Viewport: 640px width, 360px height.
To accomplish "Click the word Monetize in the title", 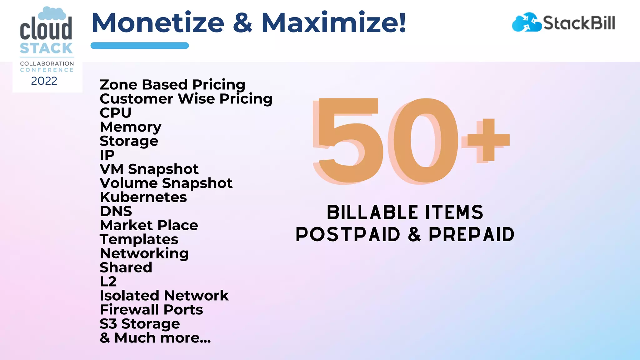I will click(x=158, y=23).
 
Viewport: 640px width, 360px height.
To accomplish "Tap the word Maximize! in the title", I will click(x=334, y=23).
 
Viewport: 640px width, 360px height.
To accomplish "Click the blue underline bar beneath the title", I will click(x=139, y=46).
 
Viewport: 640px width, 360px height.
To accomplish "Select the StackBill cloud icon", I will click(x=526, y=22).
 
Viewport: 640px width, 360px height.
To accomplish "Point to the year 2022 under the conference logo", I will click(x=44, y=81).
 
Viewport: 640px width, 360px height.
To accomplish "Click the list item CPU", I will click(x=115, y=113).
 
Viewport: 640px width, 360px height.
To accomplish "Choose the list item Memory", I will click(x=130, y=127).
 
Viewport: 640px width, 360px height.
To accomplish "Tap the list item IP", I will click(x=107, y=155).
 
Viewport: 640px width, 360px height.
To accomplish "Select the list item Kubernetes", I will click(x=143, y=197).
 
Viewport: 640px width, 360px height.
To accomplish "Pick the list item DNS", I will click(x=116, y=211).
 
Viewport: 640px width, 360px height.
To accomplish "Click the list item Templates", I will click(x=139, y=240).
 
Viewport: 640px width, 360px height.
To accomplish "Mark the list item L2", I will click(x=108, y=282).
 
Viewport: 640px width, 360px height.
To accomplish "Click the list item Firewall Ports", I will click(x=151, y=310).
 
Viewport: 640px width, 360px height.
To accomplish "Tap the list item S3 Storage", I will click(x=140, y=324).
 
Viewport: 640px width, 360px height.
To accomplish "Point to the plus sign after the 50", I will click(x=486, y=140).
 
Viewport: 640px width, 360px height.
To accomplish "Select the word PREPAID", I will click(x=471, y=235).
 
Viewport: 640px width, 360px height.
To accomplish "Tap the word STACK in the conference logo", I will click(x=46, y=48).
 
